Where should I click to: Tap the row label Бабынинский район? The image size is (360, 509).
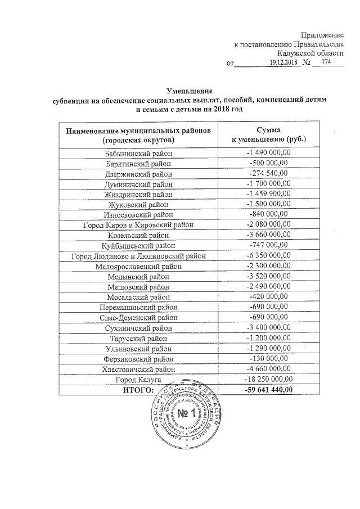point(138,153)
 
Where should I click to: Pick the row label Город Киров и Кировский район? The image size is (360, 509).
point(138,224)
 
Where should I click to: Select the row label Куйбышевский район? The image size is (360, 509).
point(138,245)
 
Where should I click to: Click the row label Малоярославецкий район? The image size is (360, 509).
point(138,266)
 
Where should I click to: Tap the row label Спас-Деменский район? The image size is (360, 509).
point(138,317)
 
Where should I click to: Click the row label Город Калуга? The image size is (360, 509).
point(138,380)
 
